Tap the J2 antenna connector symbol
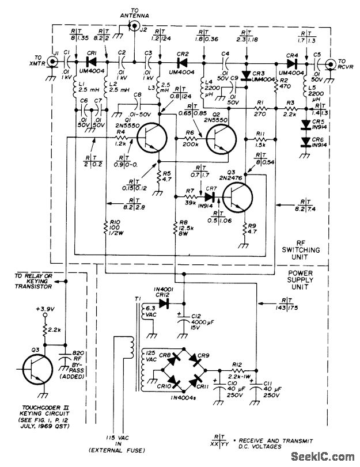pyautogui.click(x=134, y=26)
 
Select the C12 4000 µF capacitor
pyautogui.click(x=184, y=320)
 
